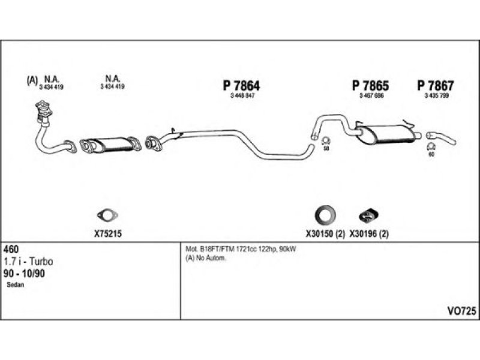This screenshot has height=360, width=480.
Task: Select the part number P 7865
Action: (x=371, y=86)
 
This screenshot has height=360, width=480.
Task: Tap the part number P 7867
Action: (x=436, y=86)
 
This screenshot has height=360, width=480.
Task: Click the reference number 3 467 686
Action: (x=371, y=96)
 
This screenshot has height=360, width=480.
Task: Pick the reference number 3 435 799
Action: (x=436, y=96)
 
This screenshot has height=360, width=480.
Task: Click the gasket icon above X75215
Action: (x=107, y=215)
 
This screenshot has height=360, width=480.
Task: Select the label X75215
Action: (x=108, y=234)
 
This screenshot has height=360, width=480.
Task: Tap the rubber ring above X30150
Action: (x=325, y=214)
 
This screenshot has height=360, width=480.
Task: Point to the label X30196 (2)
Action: (x=370, y=234)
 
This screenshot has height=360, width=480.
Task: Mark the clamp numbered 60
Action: (x=430, y=147)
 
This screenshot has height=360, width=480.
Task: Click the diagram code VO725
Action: (x=461, y=311)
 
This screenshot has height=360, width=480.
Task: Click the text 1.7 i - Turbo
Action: (x=28, y=262)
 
